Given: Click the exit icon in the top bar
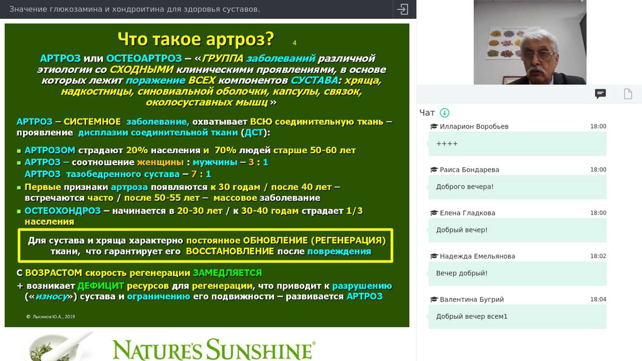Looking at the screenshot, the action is tap(403, 9).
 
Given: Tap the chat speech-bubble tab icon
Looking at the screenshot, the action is tap(600, 94).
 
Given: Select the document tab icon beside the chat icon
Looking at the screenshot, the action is tap(628, 94).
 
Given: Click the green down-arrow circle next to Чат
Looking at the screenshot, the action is tap(445, 113).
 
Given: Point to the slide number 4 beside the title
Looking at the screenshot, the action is tap(295, 43).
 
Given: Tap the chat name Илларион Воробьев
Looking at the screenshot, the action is tap(474, 126).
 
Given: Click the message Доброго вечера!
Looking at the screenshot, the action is tap(465, 187).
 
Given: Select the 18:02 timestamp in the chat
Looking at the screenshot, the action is tap(598, 256).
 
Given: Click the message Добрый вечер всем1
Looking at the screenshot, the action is tap(472, 316).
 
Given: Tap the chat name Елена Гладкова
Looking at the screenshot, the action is tap(467, 213).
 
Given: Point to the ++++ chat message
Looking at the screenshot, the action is tap(447, 144).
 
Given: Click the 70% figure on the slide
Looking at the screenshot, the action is tap(225, 150).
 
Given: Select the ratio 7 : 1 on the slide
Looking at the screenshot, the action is tap(201, 174).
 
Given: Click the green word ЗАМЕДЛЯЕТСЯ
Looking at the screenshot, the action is tap(227, 273).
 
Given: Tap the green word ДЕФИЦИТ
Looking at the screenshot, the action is tap(101, 286).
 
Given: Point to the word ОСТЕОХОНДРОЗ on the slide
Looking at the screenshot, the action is tap(63, 211).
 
